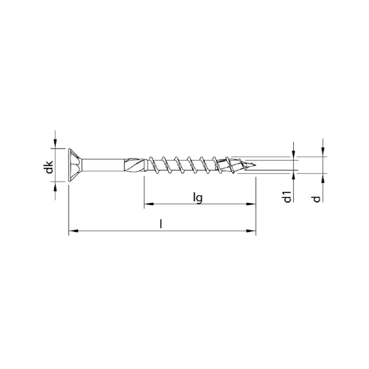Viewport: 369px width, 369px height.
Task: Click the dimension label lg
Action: [x=198, y=199]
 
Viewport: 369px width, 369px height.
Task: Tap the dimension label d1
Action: [x=288, y=197]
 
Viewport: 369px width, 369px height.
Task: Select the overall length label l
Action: [x=161, y=224]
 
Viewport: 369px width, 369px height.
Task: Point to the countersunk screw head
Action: [x=75, y=165]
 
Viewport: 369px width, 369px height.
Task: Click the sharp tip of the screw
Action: [x=256, y=165]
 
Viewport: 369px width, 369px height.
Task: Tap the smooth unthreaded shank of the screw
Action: [x=103, y=165]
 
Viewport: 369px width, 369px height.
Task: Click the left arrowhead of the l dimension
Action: [x=73, y=231]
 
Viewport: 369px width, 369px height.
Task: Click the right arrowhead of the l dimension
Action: [x=251, y=231]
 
